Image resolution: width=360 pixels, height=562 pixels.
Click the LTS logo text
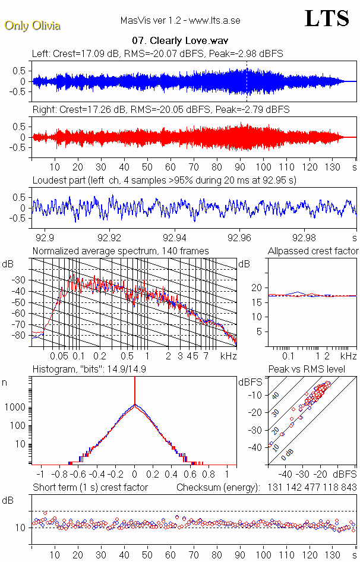click(326, 18)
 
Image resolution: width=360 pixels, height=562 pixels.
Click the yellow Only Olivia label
click(32, 26)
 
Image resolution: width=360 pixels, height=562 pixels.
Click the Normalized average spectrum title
click(121, 251)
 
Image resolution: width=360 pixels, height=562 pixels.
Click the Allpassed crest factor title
click(313, 251)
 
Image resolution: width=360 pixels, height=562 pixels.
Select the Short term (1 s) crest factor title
click(90, 487)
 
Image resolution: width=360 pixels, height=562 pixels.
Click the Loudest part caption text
click(164, 179)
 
